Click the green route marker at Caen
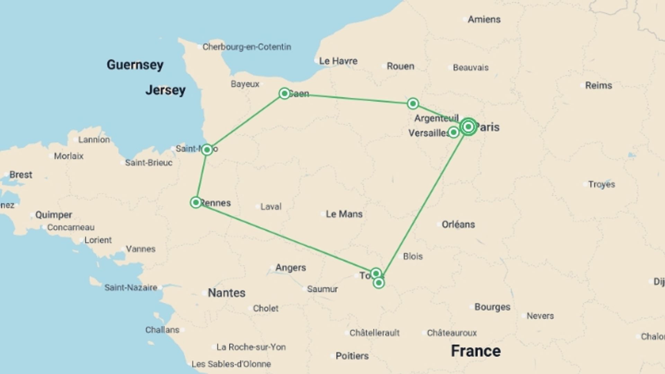click(284, 93)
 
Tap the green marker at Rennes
click(196, 202)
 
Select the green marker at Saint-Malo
click(207, 150)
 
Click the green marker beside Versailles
click(453, 132)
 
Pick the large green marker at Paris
click(468, 127)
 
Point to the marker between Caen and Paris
click(413, 104)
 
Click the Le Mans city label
click(344, 214)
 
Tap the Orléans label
click(458, 224)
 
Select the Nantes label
click(227, 293)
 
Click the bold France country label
click(476, 351)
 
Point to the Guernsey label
click(135, 65)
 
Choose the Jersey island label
click(166, 90)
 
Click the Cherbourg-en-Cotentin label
click(247, 47)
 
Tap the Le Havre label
click(338, 61)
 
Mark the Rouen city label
click(400, 66)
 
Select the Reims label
click(598, 86)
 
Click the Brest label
click(21, 175)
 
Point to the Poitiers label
click(352, 356)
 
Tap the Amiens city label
click(484, 19)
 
